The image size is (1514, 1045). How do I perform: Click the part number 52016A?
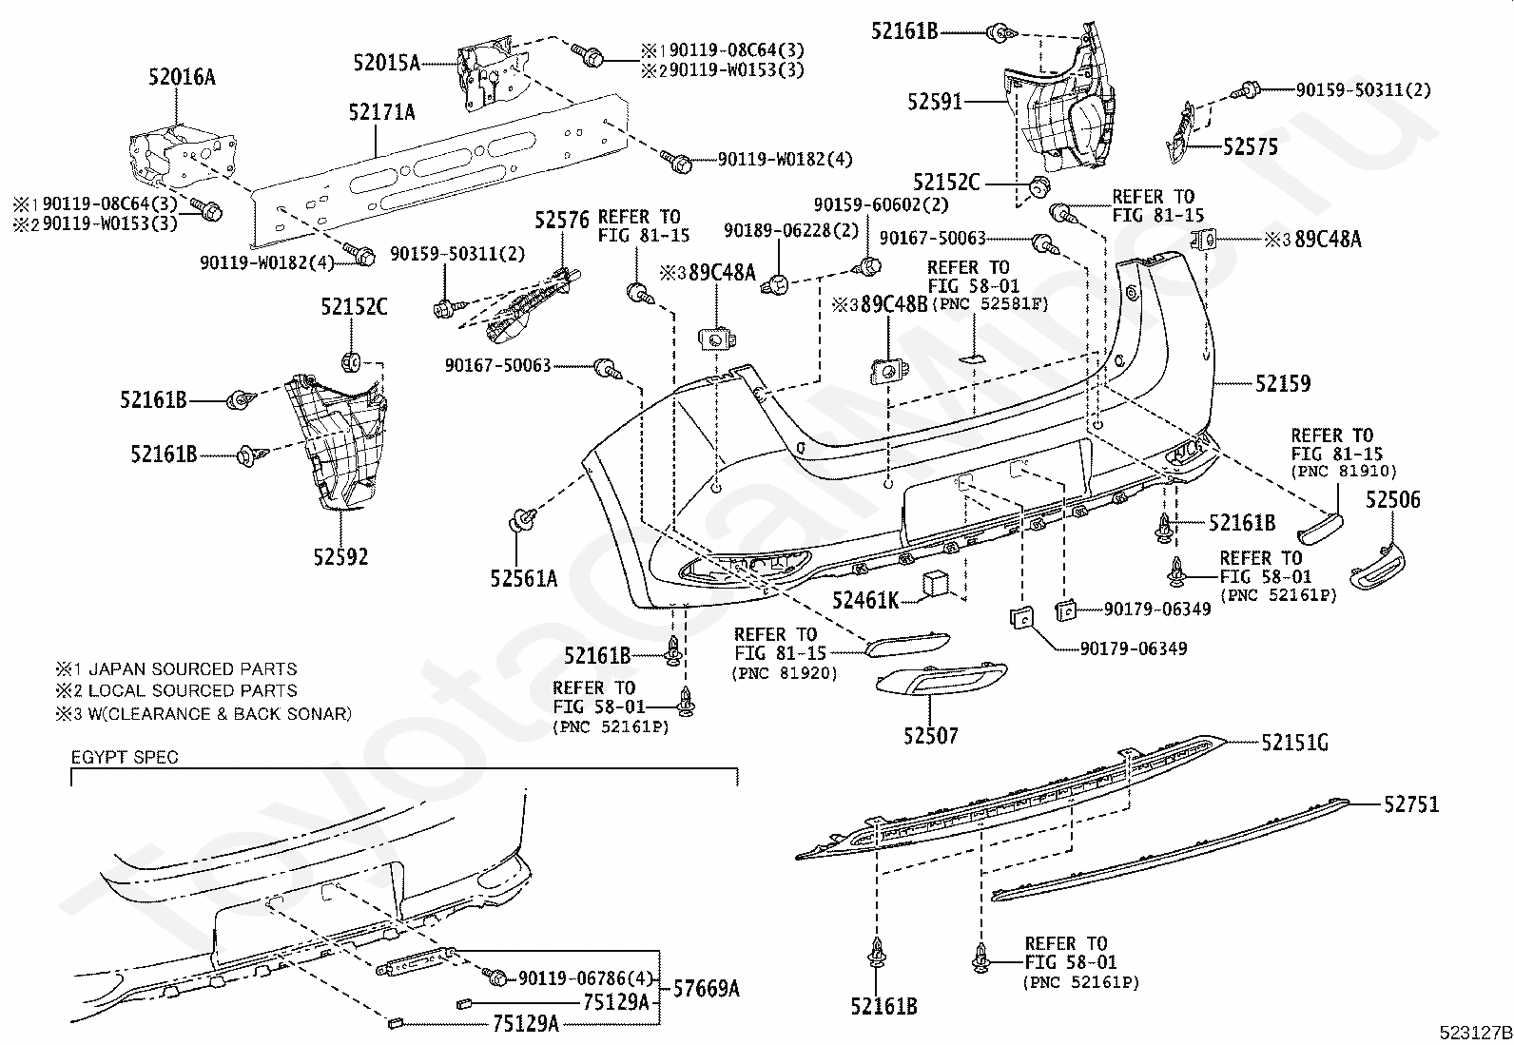click(x=182, y=77)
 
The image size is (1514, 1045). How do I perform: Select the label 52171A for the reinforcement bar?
click(x=382, y=112)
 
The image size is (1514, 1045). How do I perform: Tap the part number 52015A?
click(x=387, y=63)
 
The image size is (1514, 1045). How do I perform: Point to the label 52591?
click(x=935, y=102)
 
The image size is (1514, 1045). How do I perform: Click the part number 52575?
click(x=1251, y=146)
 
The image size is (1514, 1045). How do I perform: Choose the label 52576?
click(x=562, y=220)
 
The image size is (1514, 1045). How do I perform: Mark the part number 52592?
click(x=340, y=557)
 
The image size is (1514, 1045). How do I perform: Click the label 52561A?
click(x=524, y=579)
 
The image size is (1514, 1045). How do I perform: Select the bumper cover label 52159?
click(x=1283, y=384)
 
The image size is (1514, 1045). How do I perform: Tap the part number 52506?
click(x=1393, y=500)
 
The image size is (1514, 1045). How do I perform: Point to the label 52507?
click(x=931, y=735)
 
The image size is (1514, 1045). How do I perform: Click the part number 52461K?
click(x=865, y=600)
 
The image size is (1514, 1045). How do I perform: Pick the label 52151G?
click(x=1295, y=743)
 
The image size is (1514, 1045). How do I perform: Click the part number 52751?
click(x=1411, y=804)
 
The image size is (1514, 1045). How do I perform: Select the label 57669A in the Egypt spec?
click(x=707, y=989)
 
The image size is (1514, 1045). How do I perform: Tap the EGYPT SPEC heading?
click(x=125, y=757)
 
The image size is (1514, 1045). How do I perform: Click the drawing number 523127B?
click(x=1475, y=1033)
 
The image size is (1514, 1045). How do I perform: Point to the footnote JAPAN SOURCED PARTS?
click(x=193, y=669)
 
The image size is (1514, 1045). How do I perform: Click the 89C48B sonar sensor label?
click(x=894, y=305)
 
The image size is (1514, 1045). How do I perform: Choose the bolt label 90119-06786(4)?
click(x=586, y=978)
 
